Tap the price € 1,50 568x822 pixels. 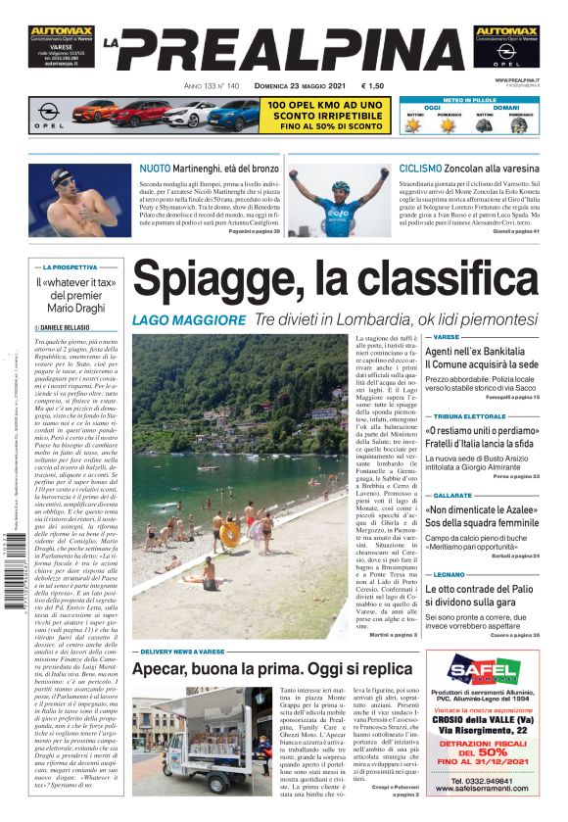coord(372,86)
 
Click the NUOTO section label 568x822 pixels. coord(155,169)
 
